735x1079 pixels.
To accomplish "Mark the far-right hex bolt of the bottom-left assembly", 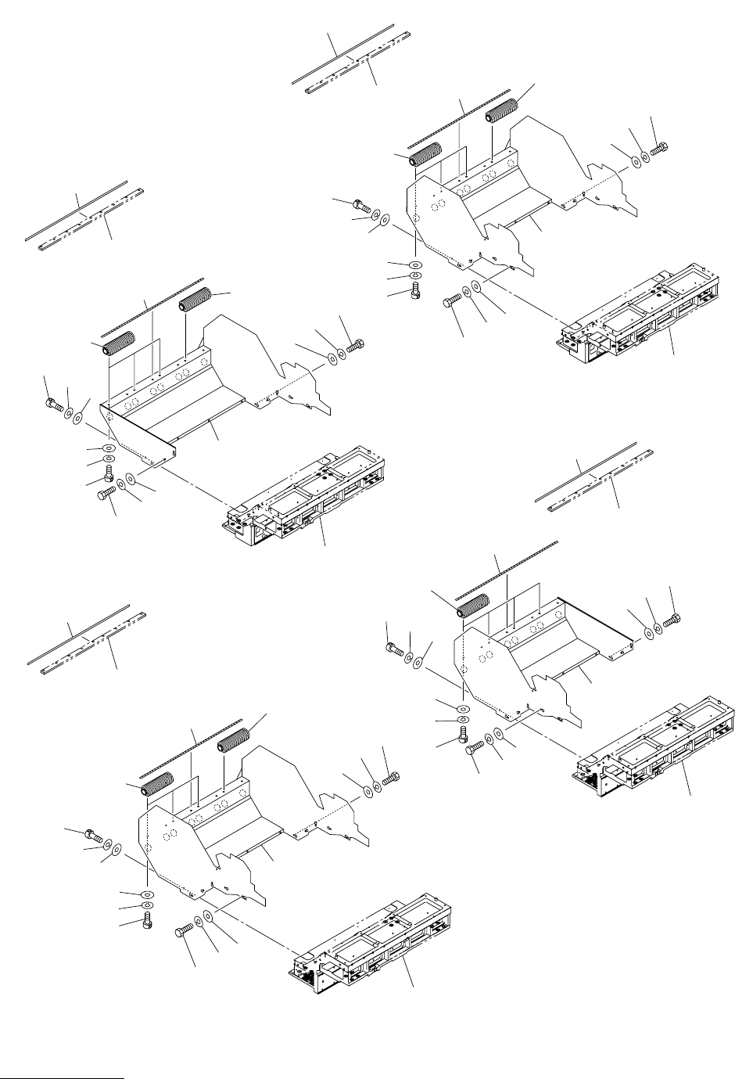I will coord(392,777).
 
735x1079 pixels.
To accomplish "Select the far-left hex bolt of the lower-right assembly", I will coord(395,647).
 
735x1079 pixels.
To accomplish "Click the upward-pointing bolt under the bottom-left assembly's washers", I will coord(148,922).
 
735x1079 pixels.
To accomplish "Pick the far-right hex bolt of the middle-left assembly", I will coord(356,344).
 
